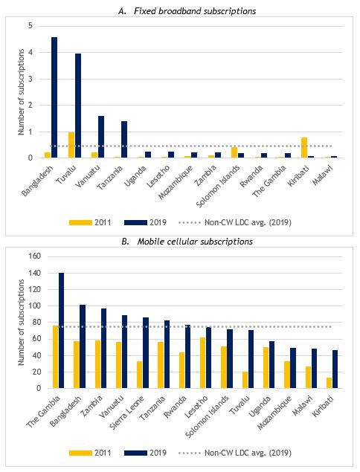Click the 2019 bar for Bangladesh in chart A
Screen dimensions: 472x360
[54, 97]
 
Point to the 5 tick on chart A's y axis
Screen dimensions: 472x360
[30, 25]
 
